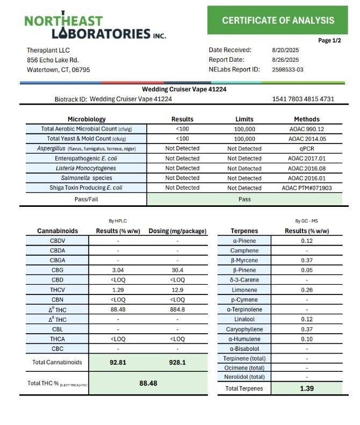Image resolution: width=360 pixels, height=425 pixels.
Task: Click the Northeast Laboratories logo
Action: (95, 26)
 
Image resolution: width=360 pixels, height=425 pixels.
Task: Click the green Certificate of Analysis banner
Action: (278, 20)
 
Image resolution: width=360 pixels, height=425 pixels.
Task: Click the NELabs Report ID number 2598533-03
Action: (287, 69)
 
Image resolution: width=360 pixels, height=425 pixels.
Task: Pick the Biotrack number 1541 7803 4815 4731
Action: (304, 99)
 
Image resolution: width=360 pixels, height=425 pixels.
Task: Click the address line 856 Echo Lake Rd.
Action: (53, 60)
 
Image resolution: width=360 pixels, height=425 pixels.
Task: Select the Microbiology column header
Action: (87, 119)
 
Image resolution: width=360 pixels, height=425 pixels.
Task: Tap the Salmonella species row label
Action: (87, 178)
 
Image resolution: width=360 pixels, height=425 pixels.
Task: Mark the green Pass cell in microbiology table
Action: (244, 199)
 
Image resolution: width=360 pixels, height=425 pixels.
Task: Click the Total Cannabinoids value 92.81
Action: (118, 363)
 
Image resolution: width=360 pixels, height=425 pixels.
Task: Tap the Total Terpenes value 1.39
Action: (306, 388)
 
